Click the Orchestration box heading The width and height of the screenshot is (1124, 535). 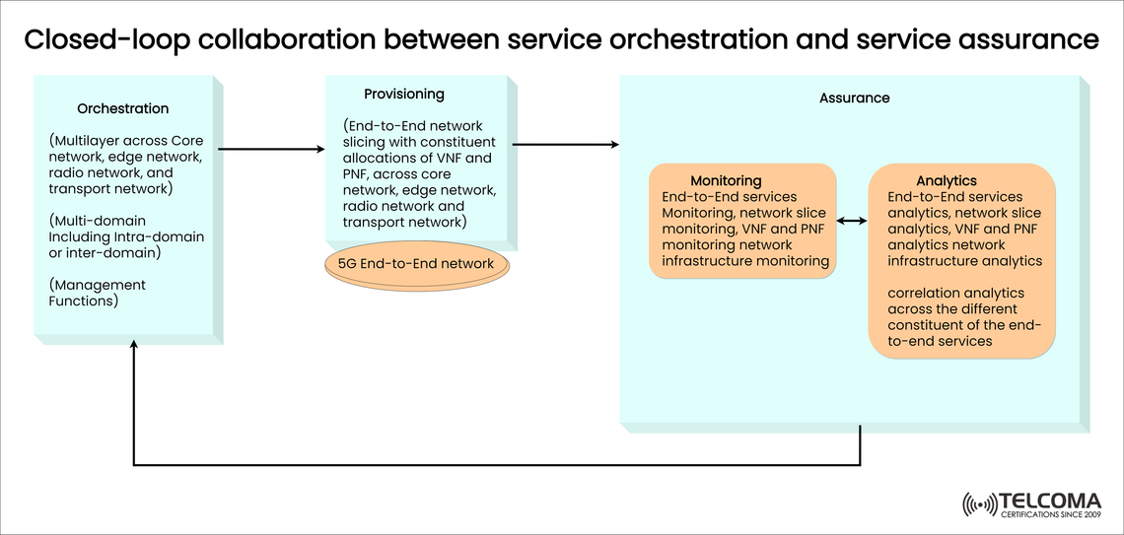(123, 108)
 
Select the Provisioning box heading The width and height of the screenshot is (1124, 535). (404, 95)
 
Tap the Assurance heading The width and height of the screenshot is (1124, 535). (854, 98)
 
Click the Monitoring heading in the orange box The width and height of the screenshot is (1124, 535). (726, 180)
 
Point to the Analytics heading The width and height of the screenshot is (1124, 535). (946, 180)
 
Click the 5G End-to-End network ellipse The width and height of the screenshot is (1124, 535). (416, 264)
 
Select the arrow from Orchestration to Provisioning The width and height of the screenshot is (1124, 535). (270, 149)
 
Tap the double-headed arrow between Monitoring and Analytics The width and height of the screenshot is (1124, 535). (852, 222)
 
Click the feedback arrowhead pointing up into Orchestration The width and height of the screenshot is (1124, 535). (134, 348)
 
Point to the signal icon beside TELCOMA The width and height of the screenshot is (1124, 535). (979, 505)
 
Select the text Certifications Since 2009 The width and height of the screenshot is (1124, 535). (1049, 514)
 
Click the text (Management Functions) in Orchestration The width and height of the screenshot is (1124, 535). (98, 293)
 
